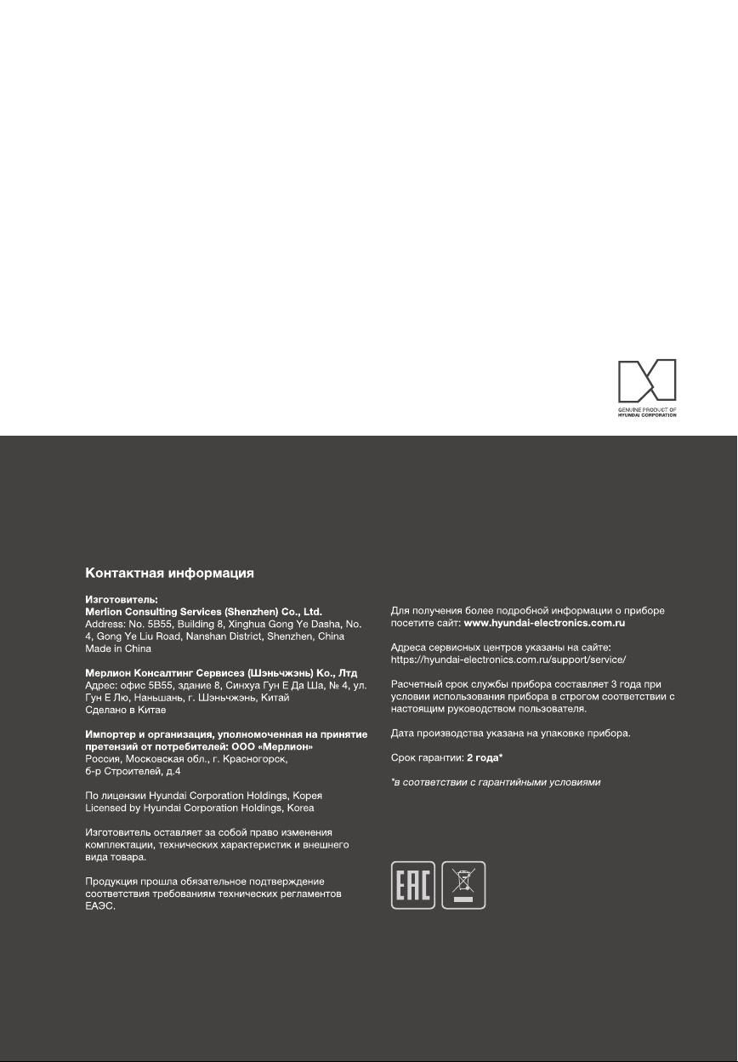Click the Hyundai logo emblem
pos(647,380)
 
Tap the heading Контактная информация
pos(170,574)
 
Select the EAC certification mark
pos(413,885)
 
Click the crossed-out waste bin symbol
pos(464,885)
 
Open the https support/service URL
pos(508,659)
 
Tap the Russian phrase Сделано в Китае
pos(126,709)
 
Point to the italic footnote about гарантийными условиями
pos(496,781)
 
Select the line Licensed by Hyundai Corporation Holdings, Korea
pos(200,807)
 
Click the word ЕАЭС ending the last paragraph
pos(99,906)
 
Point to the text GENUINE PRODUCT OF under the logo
pos(646,409)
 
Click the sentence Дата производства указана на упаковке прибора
pos(510,733)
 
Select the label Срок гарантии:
pos(427,757)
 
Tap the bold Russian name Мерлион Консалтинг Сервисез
pos(162,673)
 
